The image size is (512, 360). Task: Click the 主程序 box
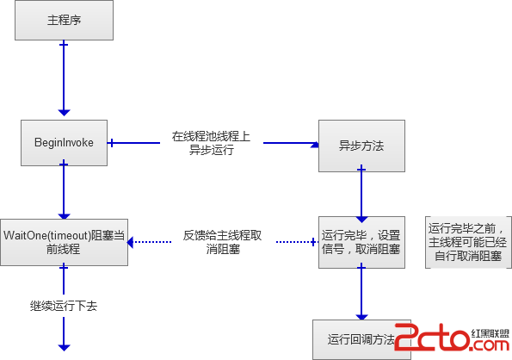[64, 21]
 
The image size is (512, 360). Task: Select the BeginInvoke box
[64, 143]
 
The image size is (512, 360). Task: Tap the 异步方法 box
[361, 146]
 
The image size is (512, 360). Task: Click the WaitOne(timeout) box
[64, 242]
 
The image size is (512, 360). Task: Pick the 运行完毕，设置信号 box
[361, 242]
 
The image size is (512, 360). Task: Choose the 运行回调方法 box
[361, 339]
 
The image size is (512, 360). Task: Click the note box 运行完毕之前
[468, 242]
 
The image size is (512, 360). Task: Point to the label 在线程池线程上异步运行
[212, 143]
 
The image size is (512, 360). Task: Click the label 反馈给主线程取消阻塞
[222, 242]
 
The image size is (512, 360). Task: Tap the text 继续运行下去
[64, 306]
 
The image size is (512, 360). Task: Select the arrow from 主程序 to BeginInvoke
[64, 78]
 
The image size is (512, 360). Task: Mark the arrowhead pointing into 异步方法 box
[315, 144]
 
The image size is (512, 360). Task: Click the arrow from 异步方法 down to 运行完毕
[361, 194]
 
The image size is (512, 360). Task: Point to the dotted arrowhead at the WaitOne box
[130, 242]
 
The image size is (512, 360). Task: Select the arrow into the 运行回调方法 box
[361, 292]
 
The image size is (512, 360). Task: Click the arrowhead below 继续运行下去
[64, 347]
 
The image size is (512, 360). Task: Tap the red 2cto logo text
[432, 337]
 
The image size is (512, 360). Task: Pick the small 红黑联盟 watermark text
[490, 333]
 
